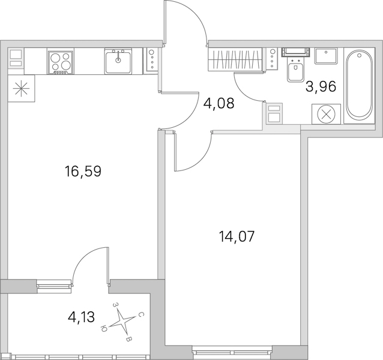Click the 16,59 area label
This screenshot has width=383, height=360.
click(83, 172)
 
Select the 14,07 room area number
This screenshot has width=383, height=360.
click(237, 236)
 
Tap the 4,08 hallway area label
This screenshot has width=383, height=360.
click(219, 103)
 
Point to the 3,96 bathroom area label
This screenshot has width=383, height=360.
click(321, 86)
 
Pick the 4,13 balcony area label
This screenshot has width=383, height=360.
click(81, 317)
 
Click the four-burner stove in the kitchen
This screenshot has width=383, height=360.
click(61, 62)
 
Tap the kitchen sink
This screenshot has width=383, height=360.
click(118, 61)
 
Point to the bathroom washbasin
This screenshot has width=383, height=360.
click(325, 56)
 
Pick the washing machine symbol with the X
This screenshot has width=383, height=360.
click(326, 114)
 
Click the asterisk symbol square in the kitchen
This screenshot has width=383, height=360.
click(21, 88)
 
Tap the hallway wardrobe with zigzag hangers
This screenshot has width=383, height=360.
click(235, 59)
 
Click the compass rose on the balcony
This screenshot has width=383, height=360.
click(122, 321)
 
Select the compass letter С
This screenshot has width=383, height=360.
click(141, 315)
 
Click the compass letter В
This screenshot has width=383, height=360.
click(129, 340)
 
